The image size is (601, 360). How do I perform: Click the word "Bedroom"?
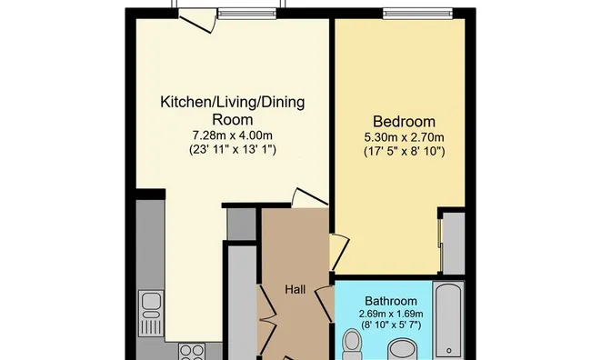tap(404, 122)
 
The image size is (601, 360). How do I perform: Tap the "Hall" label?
tap(295, 290)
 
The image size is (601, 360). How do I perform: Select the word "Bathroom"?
tap(391, 301)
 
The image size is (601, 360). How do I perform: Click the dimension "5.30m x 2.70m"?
tap(404, 137)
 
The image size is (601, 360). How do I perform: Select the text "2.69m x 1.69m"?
tap(391, 315)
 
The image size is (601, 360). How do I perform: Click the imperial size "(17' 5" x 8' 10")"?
tap(404, 151)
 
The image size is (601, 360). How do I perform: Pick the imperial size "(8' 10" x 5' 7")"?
tap(391, 326)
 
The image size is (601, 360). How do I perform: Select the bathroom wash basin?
tap(400, 350)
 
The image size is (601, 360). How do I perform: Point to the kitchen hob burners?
tap(192, 350)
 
